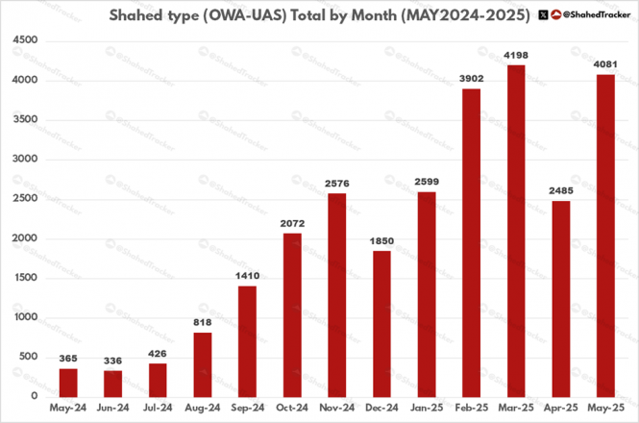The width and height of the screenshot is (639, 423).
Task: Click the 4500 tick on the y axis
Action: pos(26,40)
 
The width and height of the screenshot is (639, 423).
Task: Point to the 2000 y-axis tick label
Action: pos(26,238)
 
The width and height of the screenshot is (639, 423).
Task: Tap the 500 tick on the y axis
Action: pos(29,357)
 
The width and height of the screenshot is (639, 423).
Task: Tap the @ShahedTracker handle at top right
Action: pos(594,15)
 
